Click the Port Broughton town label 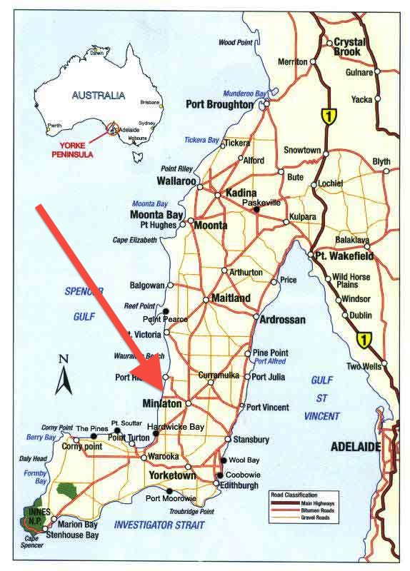pos(219,103)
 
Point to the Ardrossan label pos(283,319)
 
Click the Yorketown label pos(171,475)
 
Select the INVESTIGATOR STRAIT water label pos(159,525)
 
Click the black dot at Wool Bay pos(224,460)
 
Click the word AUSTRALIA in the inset pos(99,95)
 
